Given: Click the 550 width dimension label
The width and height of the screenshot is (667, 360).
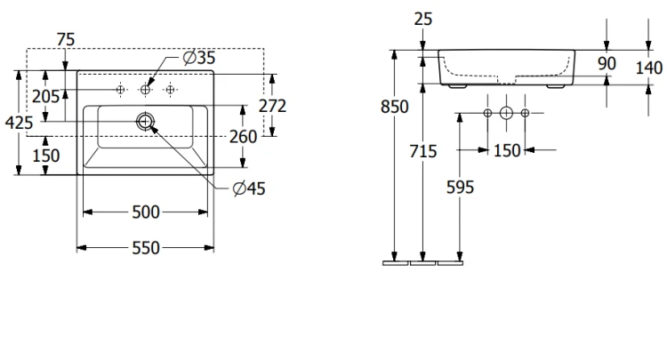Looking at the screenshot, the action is click(146, 248).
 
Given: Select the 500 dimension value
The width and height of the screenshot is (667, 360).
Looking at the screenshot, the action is click(146, 212).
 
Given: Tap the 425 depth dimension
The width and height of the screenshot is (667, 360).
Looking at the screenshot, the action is click(20, 123).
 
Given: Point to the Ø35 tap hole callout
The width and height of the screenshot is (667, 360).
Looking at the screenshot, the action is click(199, 58).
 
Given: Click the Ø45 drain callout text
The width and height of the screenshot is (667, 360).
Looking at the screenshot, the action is click(249, 188).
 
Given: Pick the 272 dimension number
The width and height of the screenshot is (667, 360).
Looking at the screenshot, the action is click(273, 106).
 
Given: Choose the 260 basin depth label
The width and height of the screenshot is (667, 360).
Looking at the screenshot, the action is click(244, 137).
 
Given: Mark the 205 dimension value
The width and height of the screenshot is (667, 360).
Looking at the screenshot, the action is click(46, 97).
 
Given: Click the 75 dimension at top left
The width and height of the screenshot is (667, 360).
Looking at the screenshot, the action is click(66, 40).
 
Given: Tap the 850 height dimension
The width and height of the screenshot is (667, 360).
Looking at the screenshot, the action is click(395, 107).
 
